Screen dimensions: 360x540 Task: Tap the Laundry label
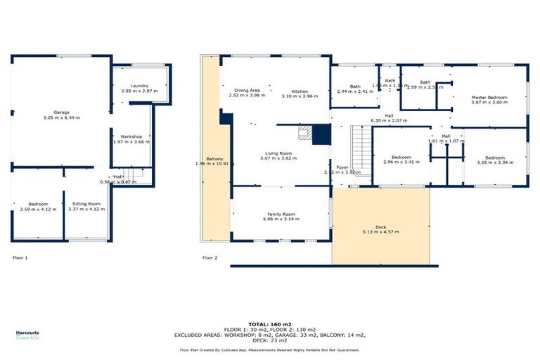pyautogui.click(x=139, y=86)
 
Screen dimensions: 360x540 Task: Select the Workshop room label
pyautogui.click(x=131, y=136)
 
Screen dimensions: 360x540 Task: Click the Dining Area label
pyautogui.click(x=247, y=91)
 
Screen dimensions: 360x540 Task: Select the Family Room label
pyautogui.click(x=281, y=214)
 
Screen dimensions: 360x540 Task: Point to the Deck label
pyautogui.click(x=380, y=226)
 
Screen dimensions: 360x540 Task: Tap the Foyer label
pyautogui.click(x=342, y=167)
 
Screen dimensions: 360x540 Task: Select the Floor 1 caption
pyautogui.click(x=20, y=258)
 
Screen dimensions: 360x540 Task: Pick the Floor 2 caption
pyautogui.click(x=210, y=258)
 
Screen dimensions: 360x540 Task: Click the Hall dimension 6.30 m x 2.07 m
pyautogui.click(x=389, y=121)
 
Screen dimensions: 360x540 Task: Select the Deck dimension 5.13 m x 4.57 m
pyautogui.click(x=380, y=232)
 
